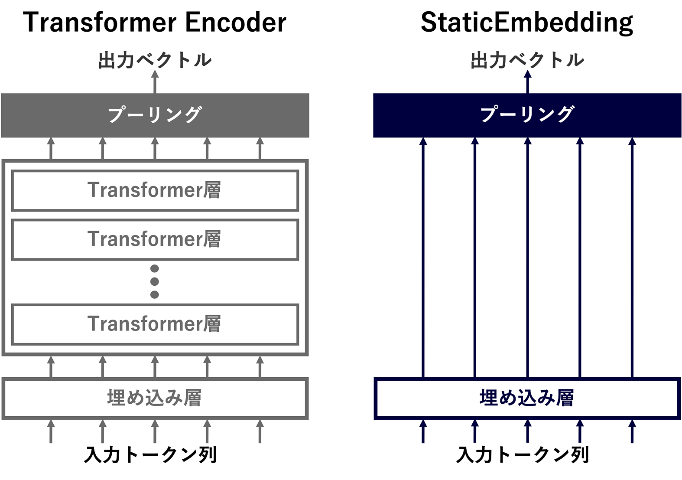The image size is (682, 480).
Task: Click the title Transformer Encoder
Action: pos(155,22)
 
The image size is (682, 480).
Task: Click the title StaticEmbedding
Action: pos(527,23)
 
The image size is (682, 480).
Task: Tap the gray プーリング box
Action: pos(155,115)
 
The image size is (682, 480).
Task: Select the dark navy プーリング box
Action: pos(527,115)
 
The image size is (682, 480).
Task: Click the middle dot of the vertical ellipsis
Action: pos(155,281)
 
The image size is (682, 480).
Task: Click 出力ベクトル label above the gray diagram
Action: pos(155,60)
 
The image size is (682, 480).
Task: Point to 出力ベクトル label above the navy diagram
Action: pos(527,60)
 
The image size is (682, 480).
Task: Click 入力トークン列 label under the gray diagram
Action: pos(150,454)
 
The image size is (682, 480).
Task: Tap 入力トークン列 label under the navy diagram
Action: pos(523,454)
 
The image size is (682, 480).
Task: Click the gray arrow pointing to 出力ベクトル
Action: pos(155,82)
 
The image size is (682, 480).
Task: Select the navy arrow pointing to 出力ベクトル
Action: pos(528,82)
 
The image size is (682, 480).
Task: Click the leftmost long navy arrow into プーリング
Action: pos(423,258)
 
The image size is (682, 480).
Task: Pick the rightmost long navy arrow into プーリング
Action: pos(632,258)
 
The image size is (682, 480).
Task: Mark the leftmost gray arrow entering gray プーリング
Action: pos(51,148)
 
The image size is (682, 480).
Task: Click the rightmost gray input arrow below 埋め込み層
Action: pos(260,431)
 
